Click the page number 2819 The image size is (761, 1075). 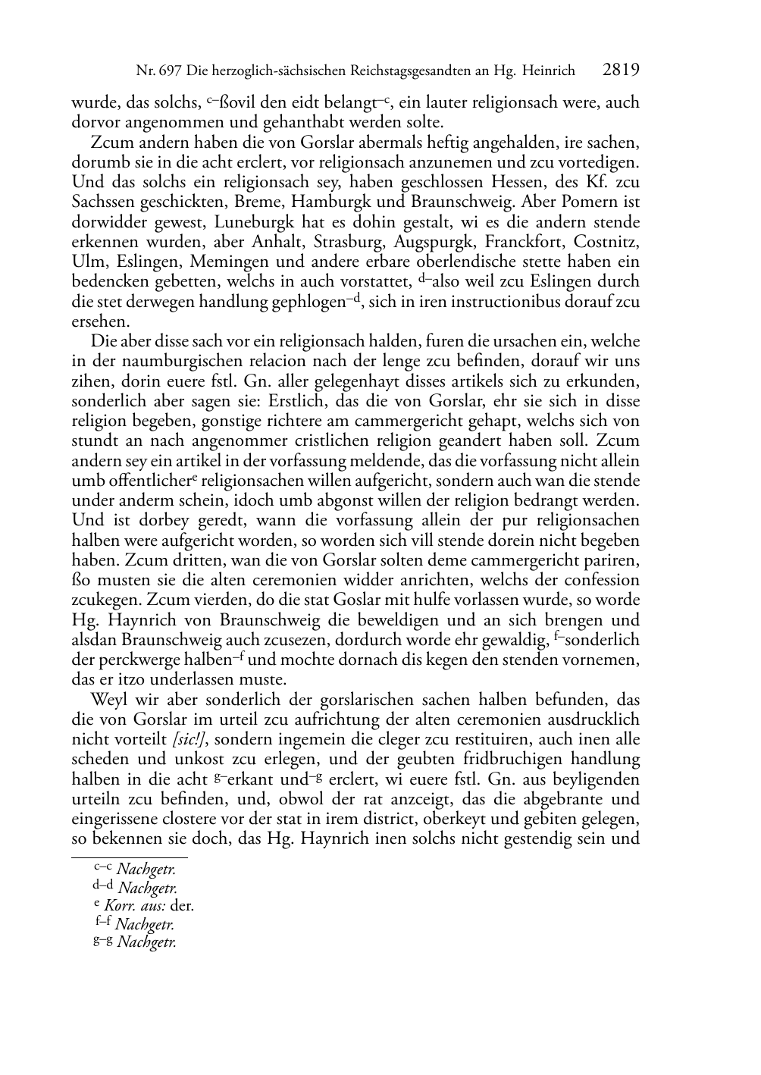click(x=622, y=71)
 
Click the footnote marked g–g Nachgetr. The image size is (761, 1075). click(x=134, y=942)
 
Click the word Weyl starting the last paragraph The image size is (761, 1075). click(x=108, y=699)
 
